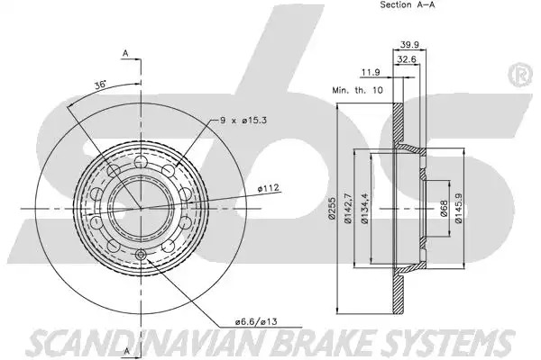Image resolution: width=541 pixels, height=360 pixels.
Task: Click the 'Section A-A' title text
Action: [408, 4]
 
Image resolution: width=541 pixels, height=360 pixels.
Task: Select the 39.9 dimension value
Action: [409, 45]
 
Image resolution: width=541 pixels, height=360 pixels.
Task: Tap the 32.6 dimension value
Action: [407, 59]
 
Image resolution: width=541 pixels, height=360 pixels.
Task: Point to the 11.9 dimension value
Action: [371, 72]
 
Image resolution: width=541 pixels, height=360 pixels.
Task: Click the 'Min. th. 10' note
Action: [357, 90]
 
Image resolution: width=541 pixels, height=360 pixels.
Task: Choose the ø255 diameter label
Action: [332, 208]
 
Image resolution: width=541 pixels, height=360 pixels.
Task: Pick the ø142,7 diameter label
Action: [348, 208]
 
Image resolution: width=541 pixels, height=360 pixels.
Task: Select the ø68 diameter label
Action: [444, 209]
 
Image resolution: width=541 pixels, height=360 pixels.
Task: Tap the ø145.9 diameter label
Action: [459, 208]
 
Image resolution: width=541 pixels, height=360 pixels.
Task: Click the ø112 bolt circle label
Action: [268, 188]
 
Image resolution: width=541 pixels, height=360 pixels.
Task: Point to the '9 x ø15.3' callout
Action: [243, 121]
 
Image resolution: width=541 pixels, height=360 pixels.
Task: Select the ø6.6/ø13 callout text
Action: [256, 322]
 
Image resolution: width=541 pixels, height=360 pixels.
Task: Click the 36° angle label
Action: [101, 85]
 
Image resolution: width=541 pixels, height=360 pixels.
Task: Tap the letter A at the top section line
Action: [125, 53]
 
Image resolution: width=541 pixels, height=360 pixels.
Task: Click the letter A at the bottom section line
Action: [126, 351]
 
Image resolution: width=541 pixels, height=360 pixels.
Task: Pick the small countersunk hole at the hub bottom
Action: [141, 255]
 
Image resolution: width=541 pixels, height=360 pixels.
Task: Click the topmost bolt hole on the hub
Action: [141, 161]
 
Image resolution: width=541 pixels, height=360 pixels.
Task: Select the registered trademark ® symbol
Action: [520, 75]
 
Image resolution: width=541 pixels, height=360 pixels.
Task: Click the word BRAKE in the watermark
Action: [326, 342]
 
